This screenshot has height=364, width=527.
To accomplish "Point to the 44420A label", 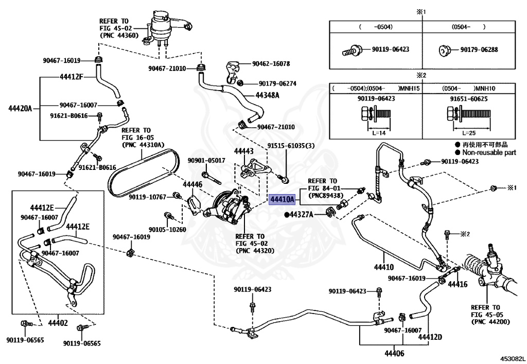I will point(20,108).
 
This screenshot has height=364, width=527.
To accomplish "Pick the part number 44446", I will point(193,183).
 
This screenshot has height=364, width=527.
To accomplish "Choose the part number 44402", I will point(58,323).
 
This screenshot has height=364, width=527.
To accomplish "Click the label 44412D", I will point(430,337).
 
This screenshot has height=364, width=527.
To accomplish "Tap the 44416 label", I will point(457,284).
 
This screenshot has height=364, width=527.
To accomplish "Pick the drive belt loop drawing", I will point(139,170).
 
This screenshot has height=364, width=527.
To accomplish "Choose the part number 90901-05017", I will point(206,161).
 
